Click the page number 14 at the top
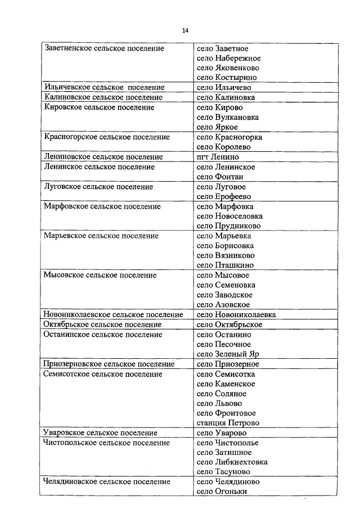185,30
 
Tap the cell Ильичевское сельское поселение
104,87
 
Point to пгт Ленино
218,157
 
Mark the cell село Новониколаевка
236,315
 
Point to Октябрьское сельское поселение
102,325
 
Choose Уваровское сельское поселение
100,433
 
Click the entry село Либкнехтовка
232,462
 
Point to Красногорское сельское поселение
106,137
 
